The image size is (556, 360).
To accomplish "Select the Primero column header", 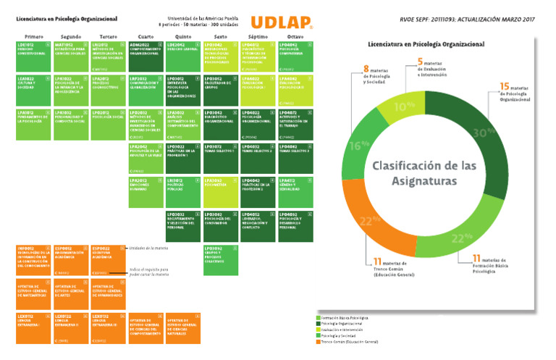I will (33, 35).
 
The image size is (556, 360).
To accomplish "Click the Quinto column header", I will (184, 35).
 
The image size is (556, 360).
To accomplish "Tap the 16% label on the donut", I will (355, 145).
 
